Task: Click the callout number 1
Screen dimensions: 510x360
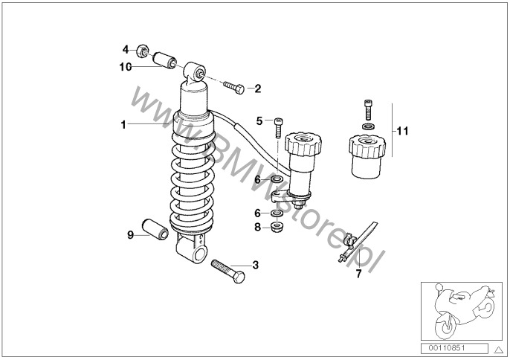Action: pyautogui.click(x=123, y=124)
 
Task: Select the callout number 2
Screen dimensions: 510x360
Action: pyautogui.click(x=257, y=89)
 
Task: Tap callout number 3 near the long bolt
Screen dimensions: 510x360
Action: pyautogui.click(x=256, y=265)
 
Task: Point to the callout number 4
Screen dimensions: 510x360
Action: pyautogui.click(x=126, y=50)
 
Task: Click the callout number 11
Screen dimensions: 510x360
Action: pyautogui.click(x=402, y=131)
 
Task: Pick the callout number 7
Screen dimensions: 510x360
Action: pyautogui.click(x=358, y=274)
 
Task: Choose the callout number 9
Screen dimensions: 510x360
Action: pyautogui.click(x=130, y=235)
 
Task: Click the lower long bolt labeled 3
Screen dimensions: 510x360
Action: pyautogui.click(x=228, y=271)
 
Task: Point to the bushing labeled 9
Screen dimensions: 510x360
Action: pyautogui.click(x=155, y=229)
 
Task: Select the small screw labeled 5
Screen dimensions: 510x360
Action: pyautogui.click(x=278, y=128)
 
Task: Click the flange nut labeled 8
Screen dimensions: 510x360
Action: pyautogui.click(x=277, y=227)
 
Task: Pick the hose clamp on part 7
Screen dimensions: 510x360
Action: pyautogui.click(x=349, y=240)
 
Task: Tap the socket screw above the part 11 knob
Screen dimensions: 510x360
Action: pyautogui.click(x=368, y=109)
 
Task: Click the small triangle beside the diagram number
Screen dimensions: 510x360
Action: pyautogui.click(x=498, y=350)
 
